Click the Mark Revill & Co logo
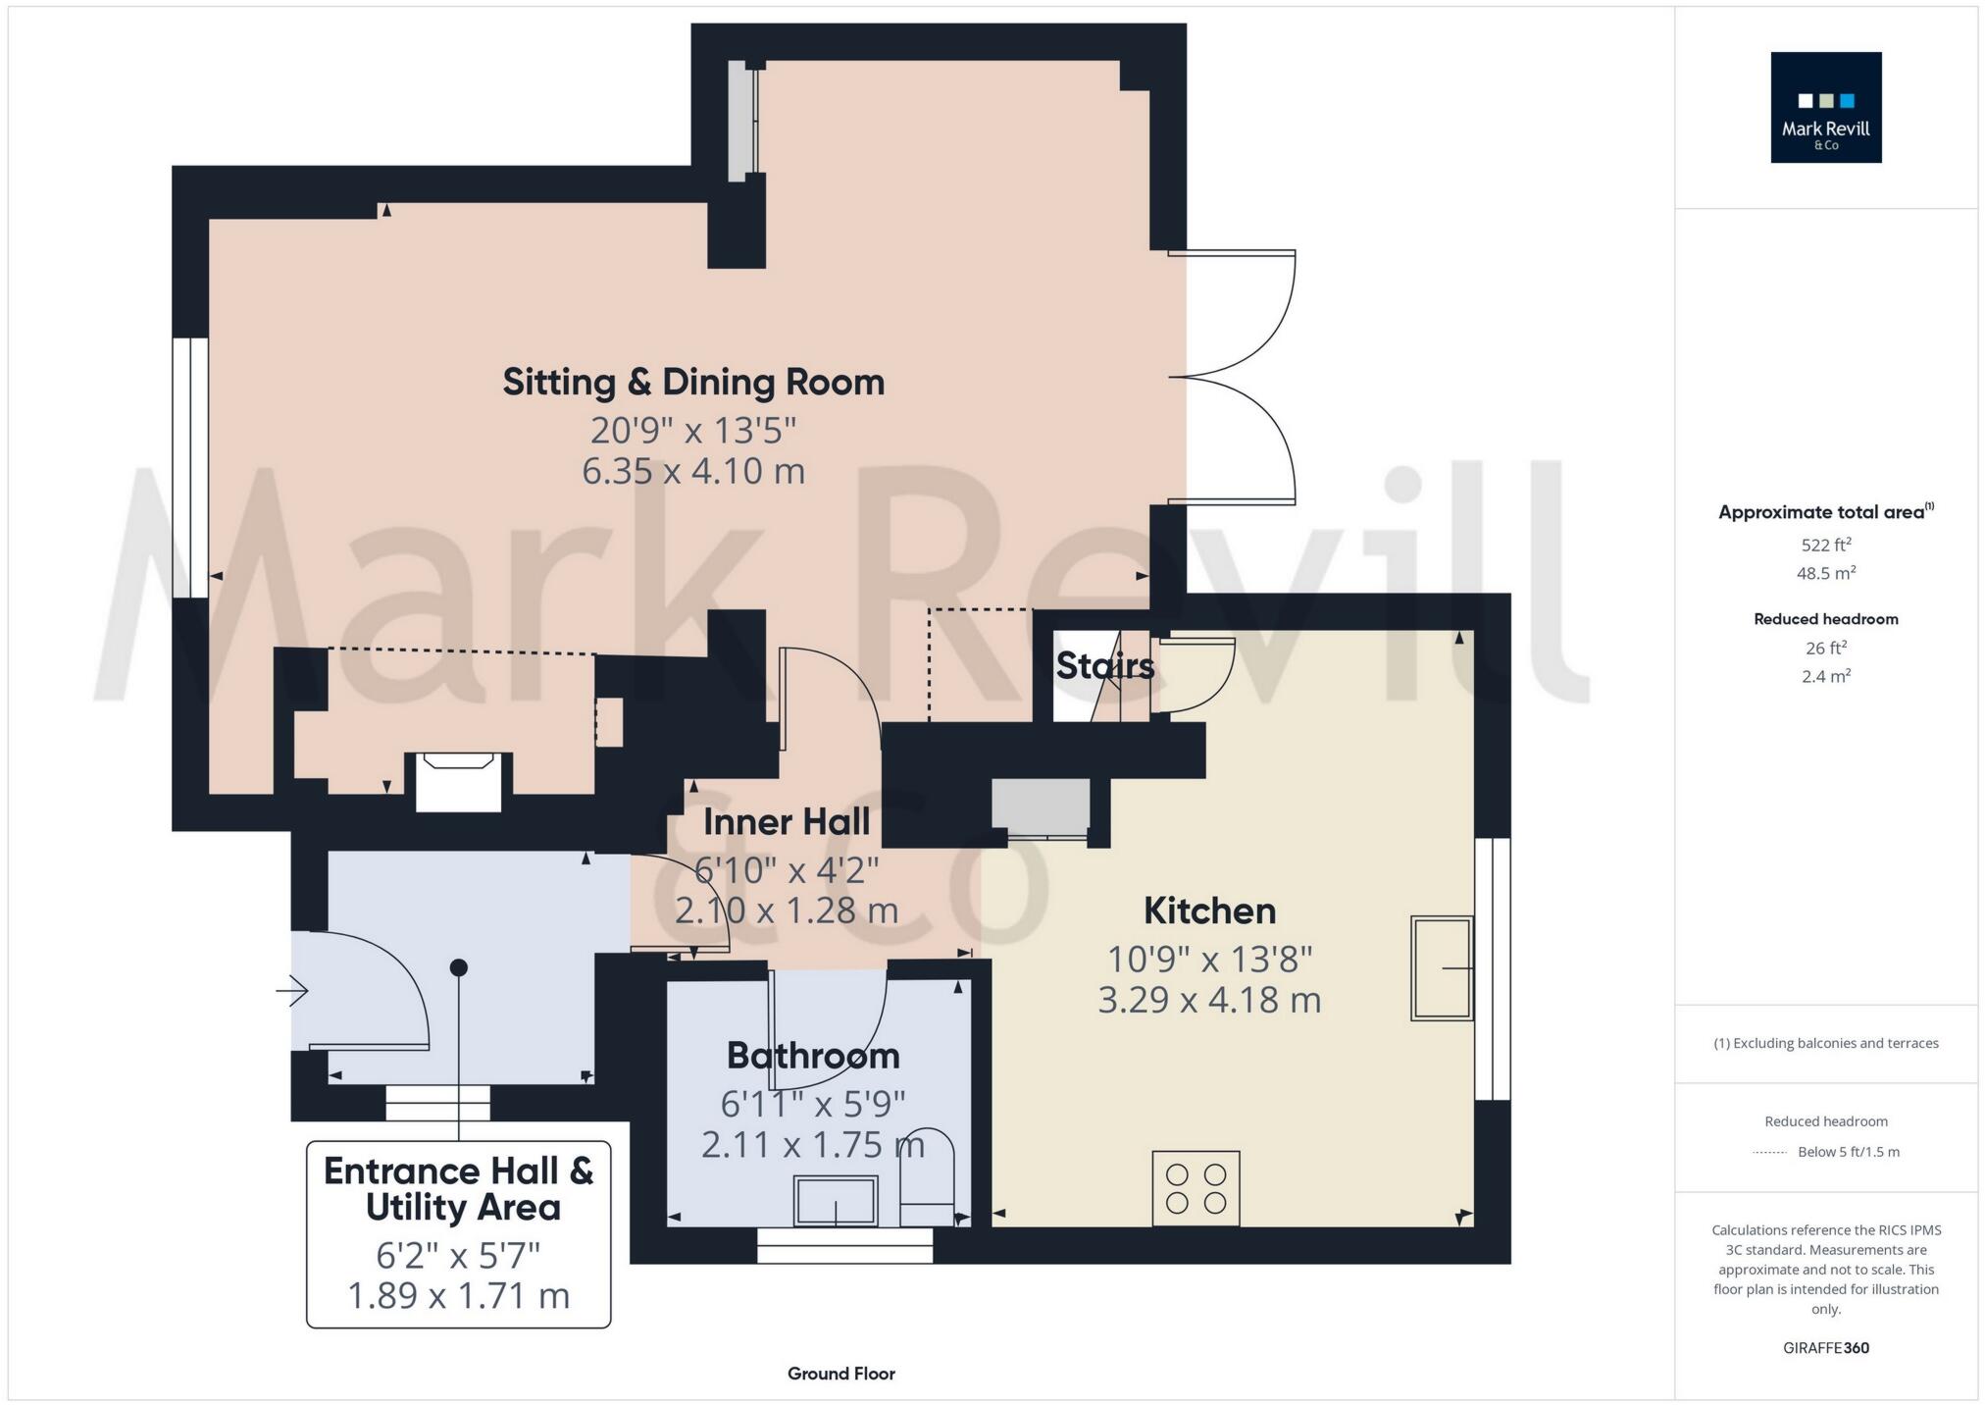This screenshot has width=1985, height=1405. click(1825, 107)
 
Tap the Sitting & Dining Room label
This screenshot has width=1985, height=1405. click(693, 382)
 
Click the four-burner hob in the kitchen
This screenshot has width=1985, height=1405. click(1196, 1188)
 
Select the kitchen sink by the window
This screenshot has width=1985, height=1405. click(1441, 968)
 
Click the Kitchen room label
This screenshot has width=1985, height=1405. click(1209, 911)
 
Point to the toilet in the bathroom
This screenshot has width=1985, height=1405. click(927, 1177)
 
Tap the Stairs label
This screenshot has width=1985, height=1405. click(1104, 666)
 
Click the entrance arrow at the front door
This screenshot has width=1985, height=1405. click(292, 991)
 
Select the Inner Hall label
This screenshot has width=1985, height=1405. click(787, 822)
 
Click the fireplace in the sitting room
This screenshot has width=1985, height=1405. click(458, 781)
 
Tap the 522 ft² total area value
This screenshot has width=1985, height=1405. click(1825, 545)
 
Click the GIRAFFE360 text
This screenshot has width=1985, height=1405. click(1825, 1348)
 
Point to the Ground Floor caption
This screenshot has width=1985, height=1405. click(840, 1374)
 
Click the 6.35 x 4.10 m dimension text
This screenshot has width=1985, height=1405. click(693, 471)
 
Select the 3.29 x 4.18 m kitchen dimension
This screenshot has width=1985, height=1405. click(1209, 1000)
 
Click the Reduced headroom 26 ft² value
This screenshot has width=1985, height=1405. click(1825, 648)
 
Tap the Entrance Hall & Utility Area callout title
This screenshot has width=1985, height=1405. click(458, 1189)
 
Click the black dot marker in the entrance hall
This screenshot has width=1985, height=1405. click(458, 967)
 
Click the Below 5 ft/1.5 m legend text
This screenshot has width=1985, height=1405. click(1848, 1152)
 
